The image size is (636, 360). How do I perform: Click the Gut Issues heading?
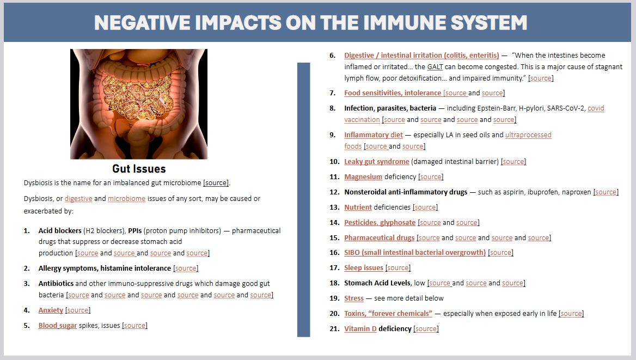(x=139, y=168)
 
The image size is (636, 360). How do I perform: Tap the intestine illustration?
(x=139, y=104)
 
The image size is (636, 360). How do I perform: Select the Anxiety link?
(x=51, y=310)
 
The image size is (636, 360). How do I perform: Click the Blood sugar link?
(x=58, y=326)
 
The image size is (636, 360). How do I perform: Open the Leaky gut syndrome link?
(x=377, y=162)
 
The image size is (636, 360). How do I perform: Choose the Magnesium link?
(x=363, y=177)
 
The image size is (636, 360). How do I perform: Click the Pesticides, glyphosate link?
(x=380, y=222)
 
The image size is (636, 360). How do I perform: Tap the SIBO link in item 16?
(x=415, y=253)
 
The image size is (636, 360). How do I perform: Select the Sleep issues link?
(x=364, y=268)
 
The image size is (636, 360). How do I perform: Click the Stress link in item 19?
(x=354, y=298)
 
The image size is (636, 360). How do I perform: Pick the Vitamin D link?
(x=360, y=329)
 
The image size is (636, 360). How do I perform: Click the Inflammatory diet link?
(x=374, y=135)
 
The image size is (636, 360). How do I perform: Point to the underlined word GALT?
(x=435, y=67)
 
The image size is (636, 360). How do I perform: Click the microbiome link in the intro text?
(x=126, y=198)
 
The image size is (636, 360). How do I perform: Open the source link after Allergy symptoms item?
(x=186, y=269)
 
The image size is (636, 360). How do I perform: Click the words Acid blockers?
(x=60, y=230)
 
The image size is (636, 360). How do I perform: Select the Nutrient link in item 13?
(x=358, y=208)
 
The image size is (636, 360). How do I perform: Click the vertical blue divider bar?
(x=303, y=200)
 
